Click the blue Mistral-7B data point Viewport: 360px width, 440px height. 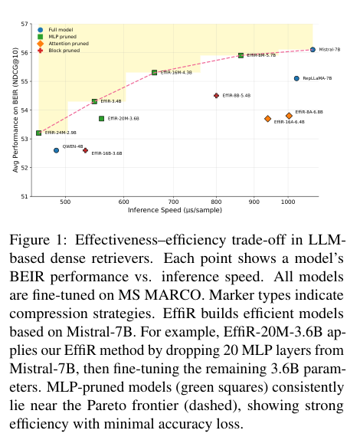(313, 50)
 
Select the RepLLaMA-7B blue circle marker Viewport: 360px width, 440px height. (296, 78)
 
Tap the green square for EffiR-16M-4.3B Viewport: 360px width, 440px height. (154, 72)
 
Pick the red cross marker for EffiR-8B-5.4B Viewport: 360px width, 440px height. (216, 96)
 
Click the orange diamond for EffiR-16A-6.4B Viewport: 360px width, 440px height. (268, 119)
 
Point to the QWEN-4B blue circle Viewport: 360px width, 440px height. (56, 150)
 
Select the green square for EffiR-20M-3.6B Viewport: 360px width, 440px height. (102, 119)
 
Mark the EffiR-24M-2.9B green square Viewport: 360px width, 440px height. (39, 133)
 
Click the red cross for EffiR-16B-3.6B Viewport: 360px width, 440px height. (86, 150)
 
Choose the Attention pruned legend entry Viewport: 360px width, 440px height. (63, 44)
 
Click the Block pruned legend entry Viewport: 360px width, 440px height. (59, 51)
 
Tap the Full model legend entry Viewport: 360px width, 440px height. (55, 30)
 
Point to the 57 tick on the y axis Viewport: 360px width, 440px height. (25, 24)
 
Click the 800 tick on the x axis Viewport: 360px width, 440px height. (216, 202)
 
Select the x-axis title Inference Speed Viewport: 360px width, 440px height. (155, 210)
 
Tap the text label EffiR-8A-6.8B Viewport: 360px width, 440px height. (309, 112)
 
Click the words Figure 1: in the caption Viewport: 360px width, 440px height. (38, 240)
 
